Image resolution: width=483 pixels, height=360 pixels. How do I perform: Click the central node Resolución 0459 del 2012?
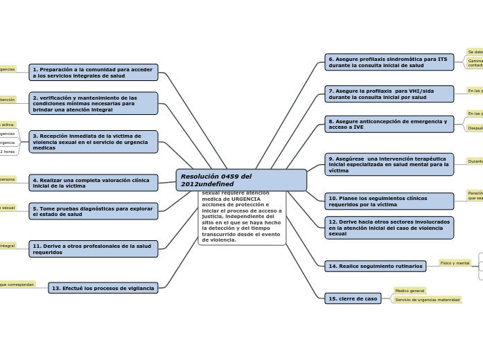point(240,180)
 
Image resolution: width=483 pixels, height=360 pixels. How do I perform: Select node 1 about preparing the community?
point(94,72)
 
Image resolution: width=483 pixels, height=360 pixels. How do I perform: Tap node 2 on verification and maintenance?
point(94,103)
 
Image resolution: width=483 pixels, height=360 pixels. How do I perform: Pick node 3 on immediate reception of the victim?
point(94,142)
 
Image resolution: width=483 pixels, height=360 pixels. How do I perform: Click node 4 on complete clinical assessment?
point(94,183)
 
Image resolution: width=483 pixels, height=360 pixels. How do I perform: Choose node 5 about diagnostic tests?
point(94,211)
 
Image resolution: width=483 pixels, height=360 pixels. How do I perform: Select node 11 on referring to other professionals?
point(94,249)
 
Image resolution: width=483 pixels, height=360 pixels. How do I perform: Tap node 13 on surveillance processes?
point(103,288)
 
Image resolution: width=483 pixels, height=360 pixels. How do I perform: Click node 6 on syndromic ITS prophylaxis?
point(389,62)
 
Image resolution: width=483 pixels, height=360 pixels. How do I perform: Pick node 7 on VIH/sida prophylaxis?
point(389,94)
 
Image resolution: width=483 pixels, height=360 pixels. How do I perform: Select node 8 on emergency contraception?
point(389,124)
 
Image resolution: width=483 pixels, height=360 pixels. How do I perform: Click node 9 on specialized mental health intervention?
point(389,164)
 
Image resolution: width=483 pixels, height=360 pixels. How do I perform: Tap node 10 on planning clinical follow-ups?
point(389,201)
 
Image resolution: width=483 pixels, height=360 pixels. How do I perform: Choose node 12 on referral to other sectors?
point(389,228)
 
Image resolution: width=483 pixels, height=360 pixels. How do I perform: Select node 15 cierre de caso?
point(353,298)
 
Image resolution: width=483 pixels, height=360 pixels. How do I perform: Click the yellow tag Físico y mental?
point(455,263)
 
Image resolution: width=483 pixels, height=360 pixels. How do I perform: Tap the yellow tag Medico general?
point(410,291)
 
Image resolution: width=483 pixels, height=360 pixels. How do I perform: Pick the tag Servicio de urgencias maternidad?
point(427,300)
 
